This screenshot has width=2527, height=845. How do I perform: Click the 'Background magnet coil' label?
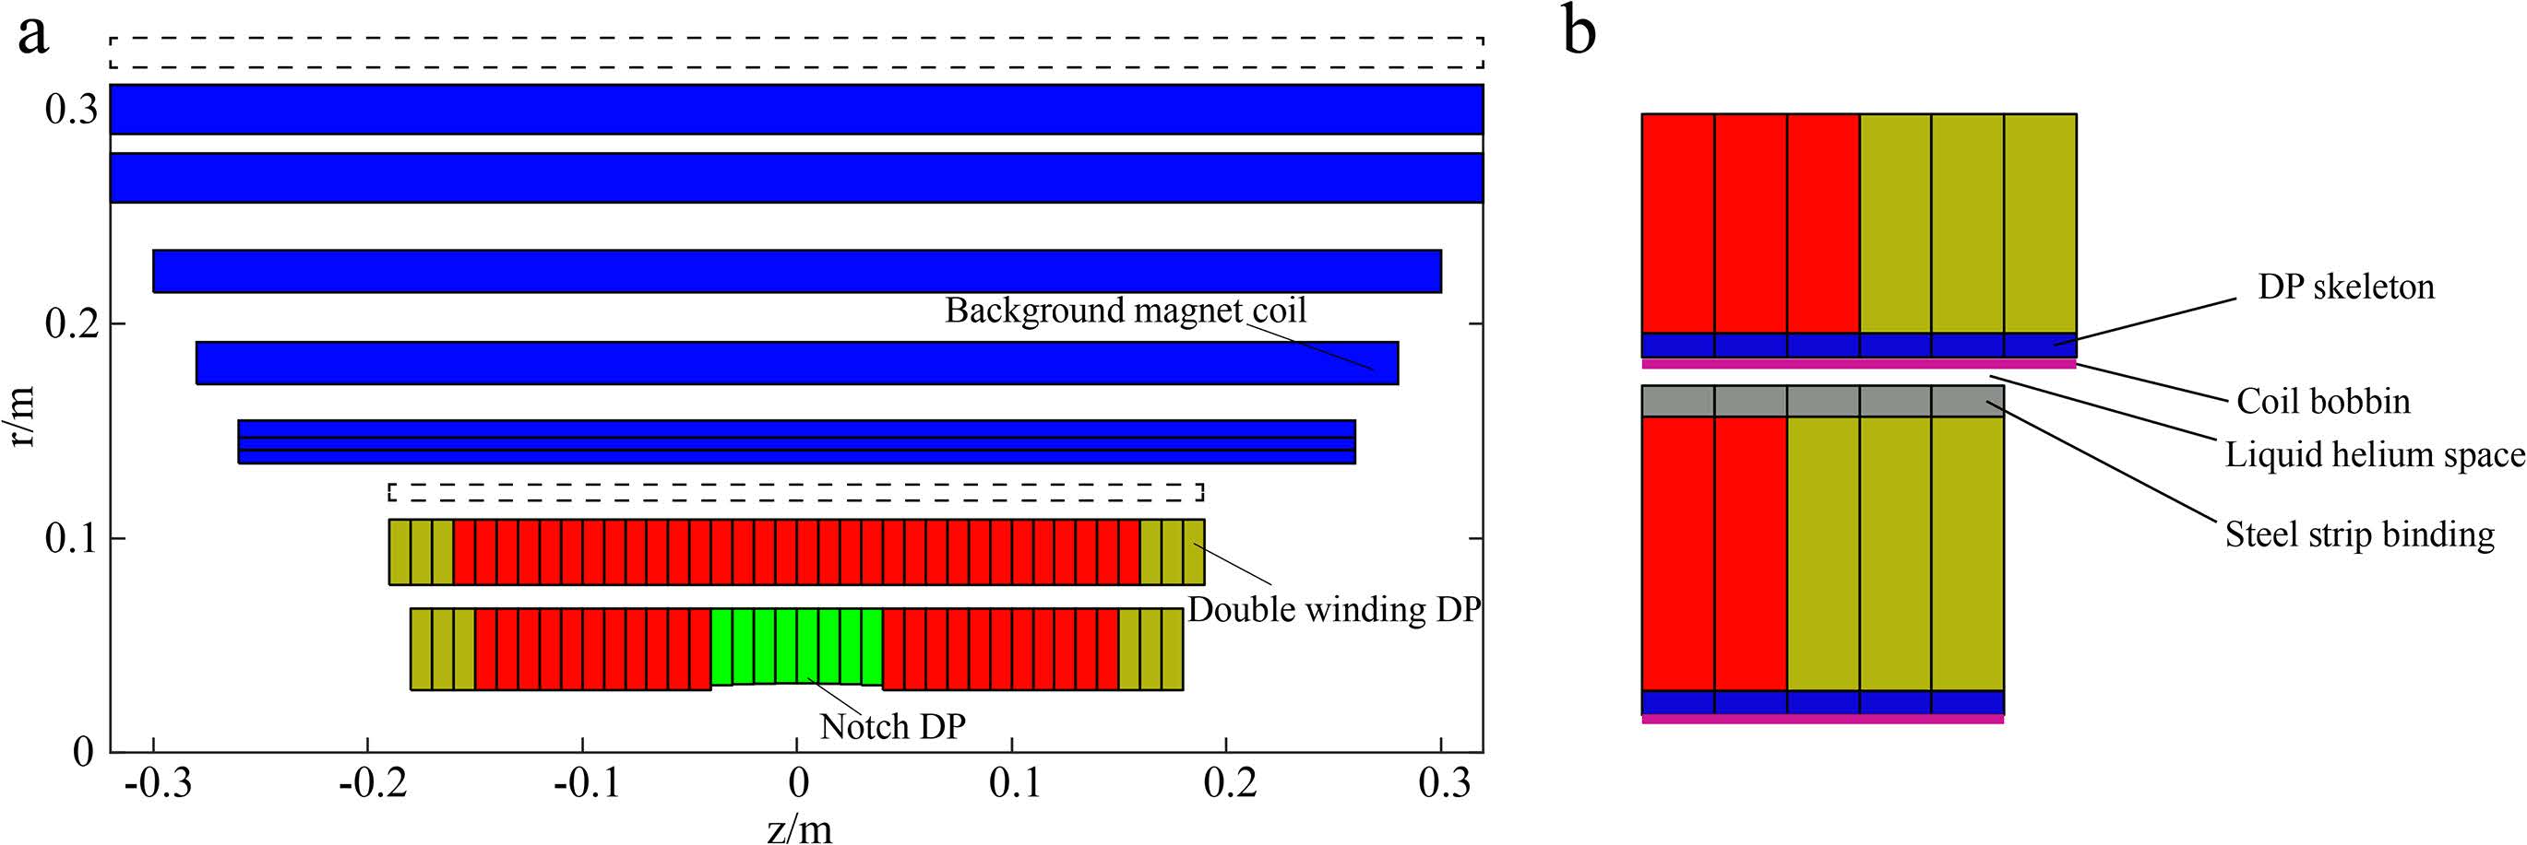click(x=1126, y=311)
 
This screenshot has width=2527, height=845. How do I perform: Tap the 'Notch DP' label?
click(x=893, y=726)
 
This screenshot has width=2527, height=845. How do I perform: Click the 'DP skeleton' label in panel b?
click(x=2345, y=288)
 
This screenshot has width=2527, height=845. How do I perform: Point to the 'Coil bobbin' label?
click(x=2323, y=401)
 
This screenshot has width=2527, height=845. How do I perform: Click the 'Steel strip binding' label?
click(x=2359, y=535)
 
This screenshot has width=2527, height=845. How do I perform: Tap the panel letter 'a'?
click(x=33, y=35)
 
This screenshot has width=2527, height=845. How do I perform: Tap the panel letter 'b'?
click(x=1579, y=31)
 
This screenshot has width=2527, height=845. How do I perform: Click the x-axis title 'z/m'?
click(x=800, y=829)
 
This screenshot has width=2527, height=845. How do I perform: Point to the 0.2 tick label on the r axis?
click(x=71, y=323)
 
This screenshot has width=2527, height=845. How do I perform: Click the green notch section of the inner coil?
click(x=796, y=647)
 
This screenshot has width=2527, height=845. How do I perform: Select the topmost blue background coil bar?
click(x=795, y=109)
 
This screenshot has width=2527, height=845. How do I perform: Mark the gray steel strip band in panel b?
click(x=1822, y=401)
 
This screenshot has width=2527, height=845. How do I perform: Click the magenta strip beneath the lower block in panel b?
click(x=1822, y=720)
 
